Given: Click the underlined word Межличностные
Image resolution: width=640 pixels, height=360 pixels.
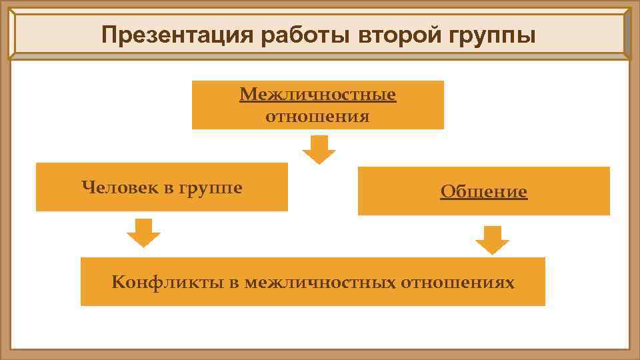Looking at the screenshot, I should tap(318, 95).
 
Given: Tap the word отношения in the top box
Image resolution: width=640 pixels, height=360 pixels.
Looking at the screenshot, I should tap(317, 117).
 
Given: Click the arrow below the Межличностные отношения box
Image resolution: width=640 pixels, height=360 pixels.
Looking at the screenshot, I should tap(319, 149).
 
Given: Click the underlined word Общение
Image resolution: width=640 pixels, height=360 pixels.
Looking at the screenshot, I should tap(483, 192).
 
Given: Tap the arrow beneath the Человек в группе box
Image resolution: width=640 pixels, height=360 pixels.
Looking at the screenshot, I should tap(143, 233).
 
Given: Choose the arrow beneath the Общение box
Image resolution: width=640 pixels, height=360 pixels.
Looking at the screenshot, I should tap(492, 240).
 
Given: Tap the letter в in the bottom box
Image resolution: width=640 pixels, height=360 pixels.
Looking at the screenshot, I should tap(233, 283).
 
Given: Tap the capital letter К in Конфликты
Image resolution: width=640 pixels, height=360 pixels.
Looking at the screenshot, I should tap(118, 282).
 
